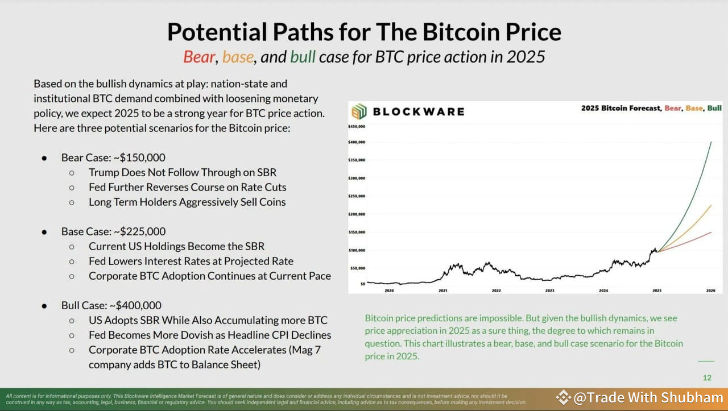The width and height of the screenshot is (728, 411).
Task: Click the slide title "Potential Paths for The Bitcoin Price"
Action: [364, 32]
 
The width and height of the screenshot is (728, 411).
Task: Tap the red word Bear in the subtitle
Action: [199, 57]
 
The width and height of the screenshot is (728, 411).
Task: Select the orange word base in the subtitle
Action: [238, 57]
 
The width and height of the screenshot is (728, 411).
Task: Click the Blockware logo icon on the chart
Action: [359, 111]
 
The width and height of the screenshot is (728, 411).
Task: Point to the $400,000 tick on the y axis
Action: [357, 142]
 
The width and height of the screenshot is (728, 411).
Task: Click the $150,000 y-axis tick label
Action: [357, 232]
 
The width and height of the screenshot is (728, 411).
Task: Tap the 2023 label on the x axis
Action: [549, 290]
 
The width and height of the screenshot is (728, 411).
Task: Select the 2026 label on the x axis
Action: [710, 290]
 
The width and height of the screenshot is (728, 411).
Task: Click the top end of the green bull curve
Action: [711, 142]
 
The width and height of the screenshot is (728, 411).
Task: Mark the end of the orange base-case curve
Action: [711, 205]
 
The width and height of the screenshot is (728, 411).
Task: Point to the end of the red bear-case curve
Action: [711, 232]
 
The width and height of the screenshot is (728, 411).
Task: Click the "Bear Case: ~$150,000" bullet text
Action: [113, 157]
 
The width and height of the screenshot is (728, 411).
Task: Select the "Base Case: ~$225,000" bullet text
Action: [113, 231]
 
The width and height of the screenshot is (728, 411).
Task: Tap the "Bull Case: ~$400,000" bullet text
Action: [111, 305]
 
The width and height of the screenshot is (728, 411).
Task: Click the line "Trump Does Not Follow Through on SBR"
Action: [183, 172]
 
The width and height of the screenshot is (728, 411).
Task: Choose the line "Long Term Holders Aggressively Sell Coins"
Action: [187, 202]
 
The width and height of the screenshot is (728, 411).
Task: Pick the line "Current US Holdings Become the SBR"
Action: [176, 246]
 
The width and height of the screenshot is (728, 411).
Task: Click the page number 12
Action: [707, 377]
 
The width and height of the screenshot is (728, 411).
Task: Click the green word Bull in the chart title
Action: [714, 108]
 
